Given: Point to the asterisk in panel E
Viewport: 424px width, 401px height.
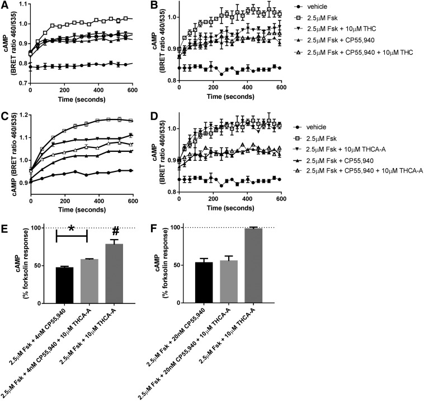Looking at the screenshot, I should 72,230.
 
